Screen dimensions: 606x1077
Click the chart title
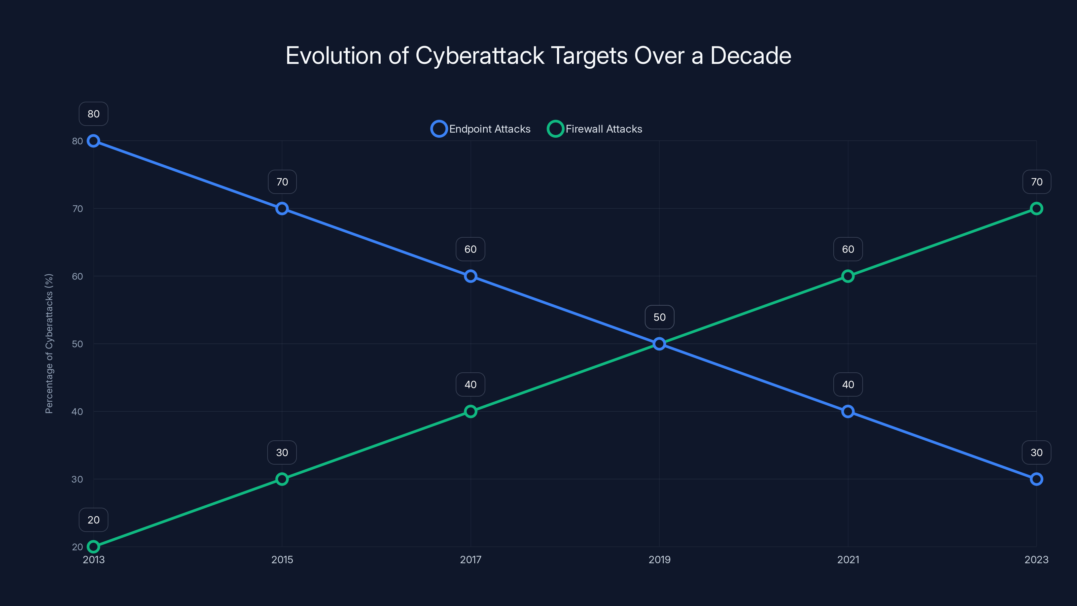[x=538, y=56]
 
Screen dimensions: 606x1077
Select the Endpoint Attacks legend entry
[x=481, y=129]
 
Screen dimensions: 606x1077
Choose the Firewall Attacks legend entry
[x=595, y=129]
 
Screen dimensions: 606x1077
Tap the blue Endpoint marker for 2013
[x=93, y=141]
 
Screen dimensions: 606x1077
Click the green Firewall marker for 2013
[x=93, y=547]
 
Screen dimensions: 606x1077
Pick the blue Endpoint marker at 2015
[x=282, y=208]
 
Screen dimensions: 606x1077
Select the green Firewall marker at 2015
[x=282, y=479]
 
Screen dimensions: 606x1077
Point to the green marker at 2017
[x=471, y=411]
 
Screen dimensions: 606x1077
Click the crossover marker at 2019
[x=659, y=344]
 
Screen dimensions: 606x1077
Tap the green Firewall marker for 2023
[x=1037, y=208]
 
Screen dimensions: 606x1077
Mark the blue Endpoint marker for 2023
[x=1037, y=479]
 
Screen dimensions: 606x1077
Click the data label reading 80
[x=93, y=114]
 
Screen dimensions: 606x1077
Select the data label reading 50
[x=659, y=317]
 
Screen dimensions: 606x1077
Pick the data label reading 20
[x=93, y=520]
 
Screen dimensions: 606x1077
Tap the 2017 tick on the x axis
[x=471, y=560]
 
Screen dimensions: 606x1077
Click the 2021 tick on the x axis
[x=848, y=560]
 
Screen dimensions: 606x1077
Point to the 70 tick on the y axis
[x=77, y=209]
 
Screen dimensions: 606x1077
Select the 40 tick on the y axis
[x=77, y=411]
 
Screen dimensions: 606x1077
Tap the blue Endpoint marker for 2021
[x=848, y=411]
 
